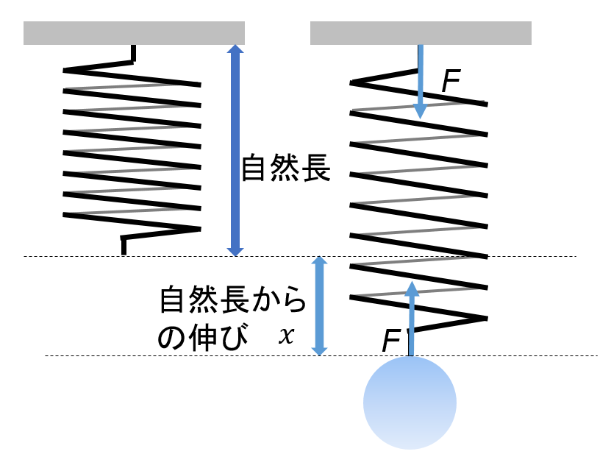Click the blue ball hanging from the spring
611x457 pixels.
point(410,403)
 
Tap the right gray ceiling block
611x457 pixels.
point(421,33)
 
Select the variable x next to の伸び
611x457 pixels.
point(286,336)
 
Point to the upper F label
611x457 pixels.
point(451,83)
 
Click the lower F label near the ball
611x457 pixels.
point(392,341)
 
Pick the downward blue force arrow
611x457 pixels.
point(420,81)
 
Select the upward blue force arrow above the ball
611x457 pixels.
point(411,316)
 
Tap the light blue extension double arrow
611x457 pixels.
point(319,305)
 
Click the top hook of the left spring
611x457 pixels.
point(132,54)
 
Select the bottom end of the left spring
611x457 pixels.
point(124,246)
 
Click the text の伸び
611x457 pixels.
point(199,337)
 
